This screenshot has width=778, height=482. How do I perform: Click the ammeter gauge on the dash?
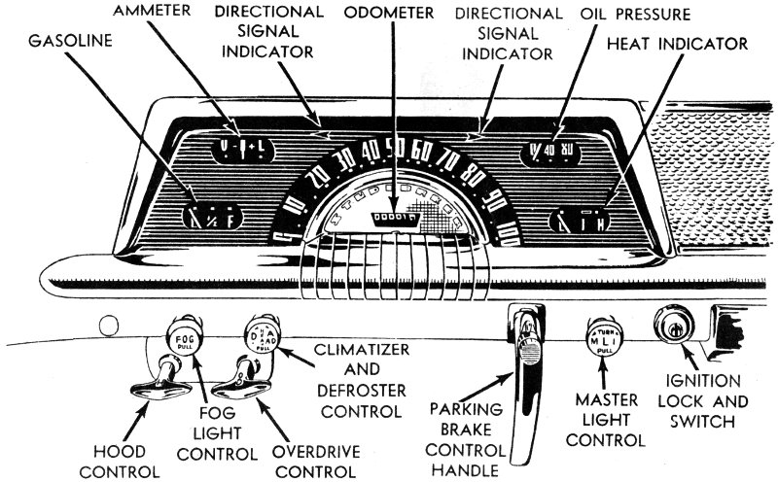click(x=234, y=148)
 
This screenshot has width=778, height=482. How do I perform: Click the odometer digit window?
click(x=399, y=219)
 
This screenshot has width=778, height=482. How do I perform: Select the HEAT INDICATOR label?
click(x=676, y=44)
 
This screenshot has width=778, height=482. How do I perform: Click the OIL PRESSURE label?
click(x=636, y=14)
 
